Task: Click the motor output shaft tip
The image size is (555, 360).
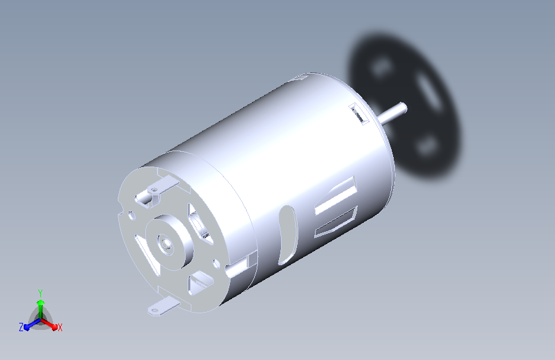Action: pyautogui.click(x=403, y=108)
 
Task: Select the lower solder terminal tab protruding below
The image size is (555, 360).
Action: pyautogui.click(x=163, y=307)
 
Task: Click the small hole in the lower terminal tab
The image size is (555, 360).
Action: pyautogui.click(x=154, y=311)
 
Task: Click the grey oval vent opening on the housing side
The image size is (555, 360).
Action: pyautogui.click(x=287, y=235)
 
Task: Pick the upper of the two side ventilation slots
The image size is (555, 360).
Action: pyautogui.click(x=336, y=195)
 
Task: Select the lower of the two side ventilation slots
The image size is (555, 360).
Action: pyautogui.click(x=335, y=222)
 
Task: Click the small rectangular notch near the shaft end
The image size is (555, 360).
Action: pyautogui.click(x=357, y=113)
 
